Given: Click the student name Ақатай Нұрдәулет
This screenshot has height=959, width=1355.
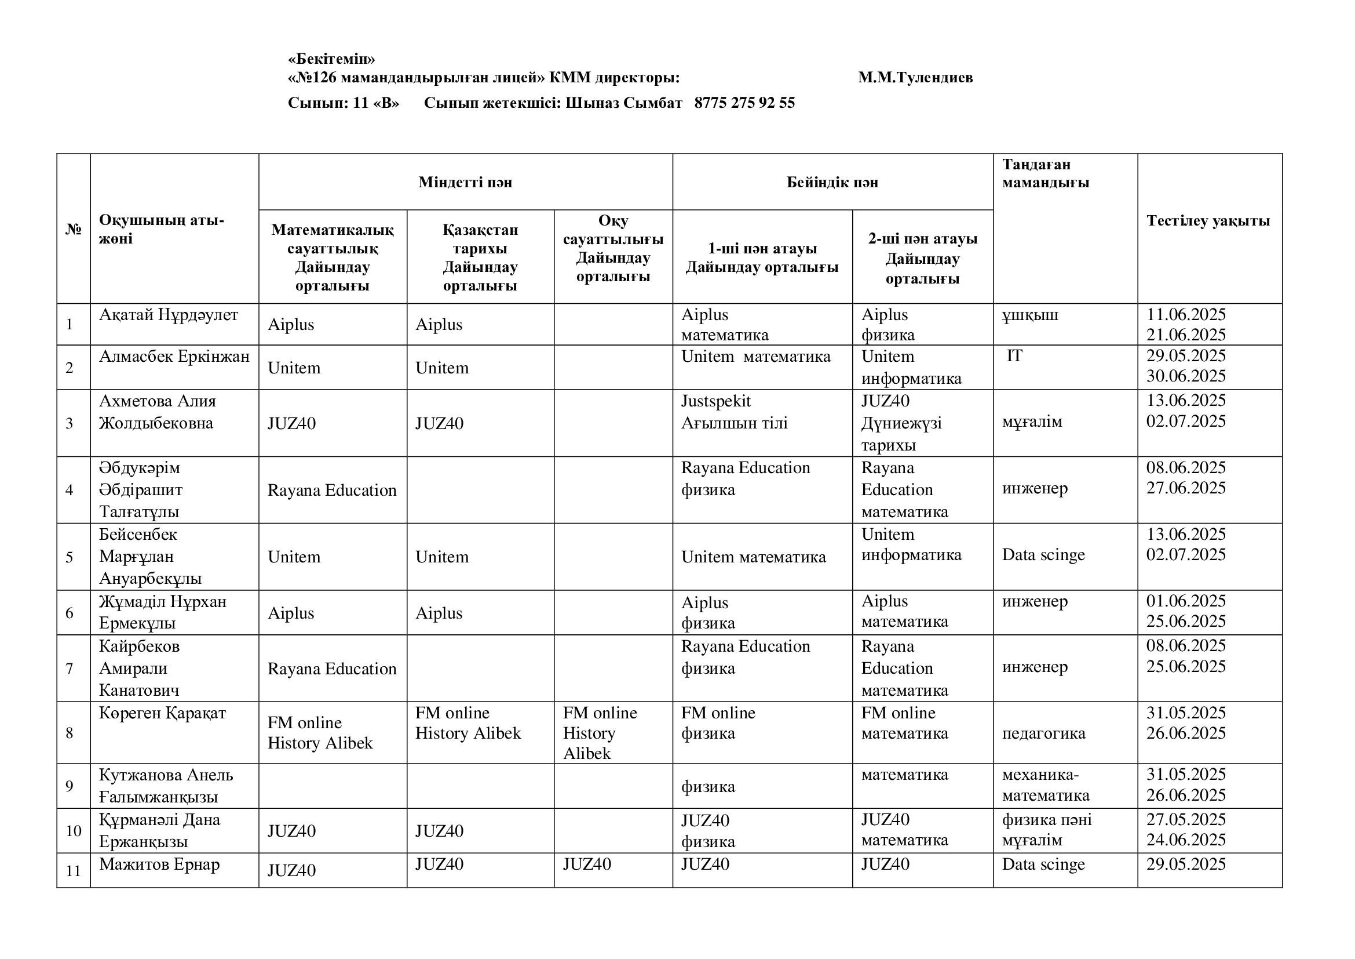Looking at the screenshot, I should point(168,315).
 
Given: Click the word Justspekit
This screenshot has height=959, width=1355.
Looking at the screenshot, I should point(716,402).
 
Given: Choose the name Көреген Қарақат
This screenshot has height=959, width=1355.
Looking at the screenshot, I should point(162,713).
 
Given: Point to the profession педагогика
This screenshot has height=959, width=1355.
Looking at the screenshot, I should point(1043,733).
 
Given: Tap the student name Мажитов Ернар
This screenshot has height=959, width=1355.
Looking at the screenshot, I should point(159,864).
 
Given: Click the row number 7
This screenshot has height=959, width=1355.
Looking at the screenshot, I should point(70,669).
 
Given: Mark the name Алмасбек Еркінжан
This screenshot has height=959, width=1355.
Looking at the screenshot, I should point(174,357).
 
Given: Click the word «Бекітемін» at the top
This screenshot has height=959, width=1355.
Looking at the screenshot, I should point(331,59).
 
